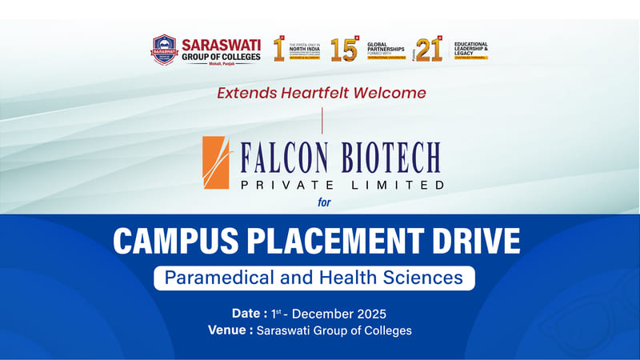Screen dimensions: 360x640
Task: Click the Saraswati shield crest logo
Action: click(x=164, y=50)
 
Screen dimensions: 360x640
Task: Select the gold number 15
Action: click(x=344, y=50)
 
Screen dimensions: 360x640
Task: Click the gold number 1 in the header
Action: click(x=280, y=50)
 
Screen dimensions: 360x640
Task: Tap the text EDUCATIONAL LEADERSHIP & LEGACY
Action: click(x=471, y=49)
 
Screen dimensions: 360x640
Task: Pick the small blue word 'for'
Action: click(x=324, y=202)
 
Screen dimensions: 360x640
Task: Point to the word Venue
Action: click(x=228, y=330)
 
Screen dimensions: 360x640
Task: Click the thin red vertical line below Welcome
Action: click(x=322, y=119)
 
